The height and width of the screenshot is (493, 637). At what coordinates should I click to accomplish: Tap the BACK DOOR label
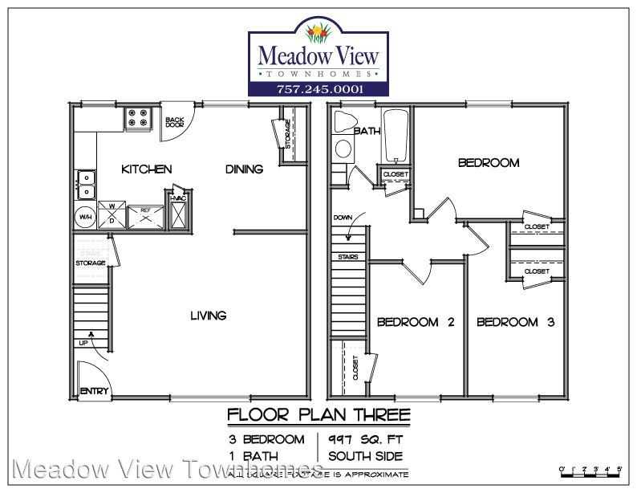point(174,123)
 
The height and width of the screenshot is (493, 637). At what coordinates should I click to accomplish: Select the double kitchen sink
point(84,184)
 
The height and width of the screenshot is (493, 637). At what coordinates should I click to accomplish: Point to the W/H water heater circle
point(85,217)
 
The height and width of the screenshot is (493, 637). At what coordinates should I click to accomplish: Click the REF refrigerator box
point(145,214)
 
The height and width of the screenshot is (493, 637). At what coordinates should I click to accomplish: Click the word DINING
point(244,169)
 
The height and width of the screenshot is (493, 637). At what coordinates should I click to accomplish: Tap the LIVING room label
point(208,316)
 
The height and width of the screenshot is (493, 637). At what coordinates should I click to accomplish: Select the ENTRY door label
point(93,392)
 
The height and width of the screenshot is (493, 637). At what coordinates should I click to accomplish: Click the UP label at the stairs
point(83,343)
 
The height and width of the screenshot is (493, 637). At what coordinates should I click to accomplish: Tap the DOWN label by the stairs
point(343,218)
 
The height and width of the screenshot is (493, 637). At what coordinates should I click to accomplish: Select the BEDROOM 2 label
point(416,322)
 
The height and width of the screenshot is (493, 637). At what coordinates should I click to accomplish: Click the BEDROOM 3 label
point(516,322)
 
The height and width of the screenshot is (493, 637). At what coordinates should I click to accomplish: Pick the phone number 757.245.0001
point(320,88)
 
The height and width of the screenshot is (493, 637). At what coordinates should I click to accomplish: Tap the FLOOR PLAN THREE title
point(319,415)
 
